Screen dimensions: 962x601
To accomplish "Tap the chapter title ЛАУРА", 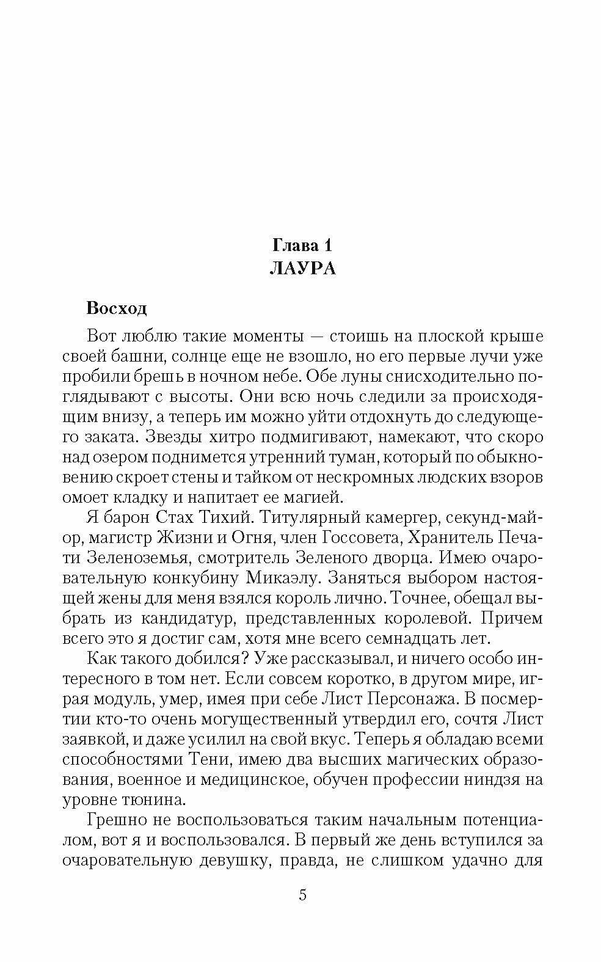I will (x=302, y=268).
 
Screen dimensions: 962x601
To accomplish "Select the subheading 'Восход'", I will (x=117, y=308).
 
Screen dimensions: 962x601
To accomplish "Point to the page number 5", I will (x=302, y=895).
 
